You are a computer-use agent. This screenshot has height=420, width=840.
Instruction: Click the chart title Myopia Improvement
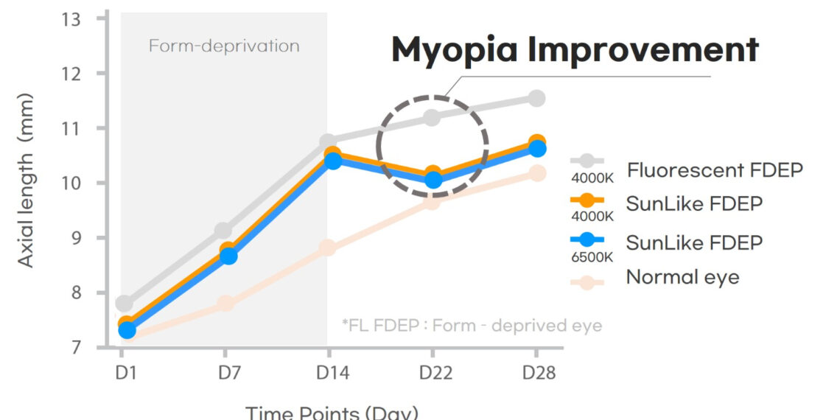click(x=574, y=50)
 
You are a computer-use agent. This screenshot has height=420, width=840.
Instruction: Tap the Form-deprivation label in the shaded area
click(x=224, y=46)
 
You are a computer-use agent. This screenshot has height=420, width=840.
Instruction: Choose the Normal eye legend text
click(x=682, y=277)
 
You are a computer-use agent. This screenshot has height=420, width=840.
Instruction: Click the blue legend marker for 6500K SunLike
click(x=587, y=240)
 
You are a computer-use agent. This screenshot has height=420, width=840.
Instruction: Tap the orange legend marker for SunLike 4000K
click(x=587, y=200)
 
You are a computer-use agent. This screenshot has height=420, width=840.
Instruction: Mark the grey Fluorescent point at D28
click(x=536, y=98)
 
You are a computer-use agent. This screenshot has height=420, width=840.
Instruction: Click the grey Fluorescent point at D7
click(x=224, y=231)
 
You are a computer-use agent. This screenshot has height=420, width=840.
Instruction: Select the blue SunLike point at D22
click(x=433, y=180)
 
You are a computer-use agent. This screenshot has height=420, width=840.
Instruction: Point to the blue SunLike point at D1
click(x=127, y=331)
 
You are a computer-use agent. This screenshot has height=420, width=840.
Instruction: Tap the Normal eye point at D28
click(x=537, y=173)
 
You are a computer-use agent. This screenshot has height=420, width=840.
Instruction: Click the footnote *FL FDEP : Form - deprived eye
click(x=472, y=325)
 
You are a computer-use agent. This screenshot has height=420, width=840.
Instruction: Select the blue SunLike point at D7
click(x=228, y=256)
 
